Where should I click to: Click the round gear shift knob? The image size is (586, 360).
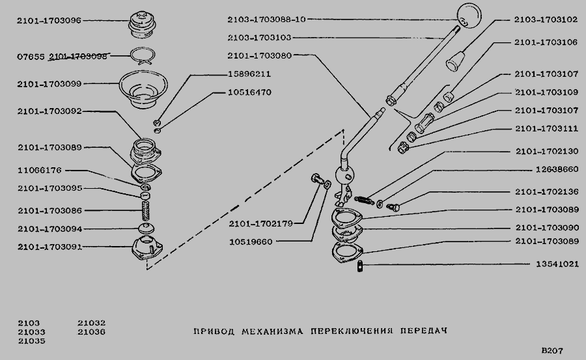[x=469, y=16]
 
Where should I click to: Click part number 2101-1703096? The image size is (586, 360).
[x=49, y=21]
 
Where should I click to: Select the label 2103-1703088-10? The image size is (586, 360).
[x=266, y=20]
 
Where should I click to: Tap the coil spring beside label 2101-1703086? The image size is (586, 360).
[x=146, y=211]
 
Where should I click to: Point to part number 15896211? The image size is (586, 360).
[x=249, y=74]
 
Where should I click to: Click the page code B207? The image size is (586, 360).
[x=552, y=351]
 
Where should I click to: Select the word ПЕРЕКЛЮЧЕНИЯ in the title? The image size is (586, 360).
[x=352, y=331]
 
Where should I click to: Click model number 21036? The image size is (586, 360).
[x=92, y=331]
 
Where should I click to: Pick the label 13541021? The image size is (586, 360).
[x=557, y=264]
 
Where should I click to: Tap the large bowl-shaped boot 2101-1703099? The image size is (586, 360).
[x=143, y=90]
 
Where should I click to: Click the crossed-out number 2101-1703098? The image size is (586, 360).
[x=78, y=57]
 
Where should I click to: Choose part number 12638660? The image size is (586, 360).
[x=557, y=169]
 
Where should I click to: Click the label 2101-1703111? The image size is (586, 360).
[x=547, y=129]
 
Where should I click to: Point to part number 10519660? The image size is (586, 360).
[x=251, y=242]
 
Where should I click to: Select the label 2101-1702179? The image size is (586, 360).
[x=261, y=223]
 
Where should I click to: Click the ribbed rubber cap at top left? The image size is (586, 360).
[x=142, y=24]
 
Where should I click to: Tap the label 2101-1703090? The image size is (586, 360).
[x=547, y=228]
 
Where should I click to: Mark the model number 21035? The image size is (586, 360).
[x=31, y=341]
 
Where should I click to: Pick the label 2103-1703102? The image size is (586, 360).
[x=546, y=20]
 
